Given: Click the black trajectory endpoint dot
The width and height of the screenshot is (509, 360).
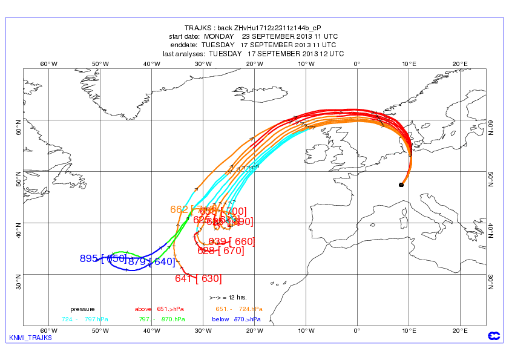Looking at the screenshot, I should (401, 185).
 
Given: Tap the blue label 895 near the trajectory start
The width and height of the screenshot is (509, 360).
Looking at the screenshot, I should (89, 259).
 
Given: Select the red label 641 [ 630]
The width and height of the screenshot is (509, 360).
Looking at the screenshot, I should (198, 279).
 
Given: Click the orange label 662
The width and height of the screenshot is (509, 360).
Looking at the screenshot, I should (179, 210).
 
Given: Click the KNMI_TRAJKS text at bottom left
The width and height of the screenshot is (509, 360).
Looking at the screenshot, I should (30, 338).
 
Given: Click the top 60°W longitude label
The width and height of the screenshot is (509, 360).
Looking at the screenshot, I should (48, 64).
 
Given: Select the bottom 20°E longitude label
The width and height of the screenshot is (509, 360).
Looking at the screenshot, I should (459, 330).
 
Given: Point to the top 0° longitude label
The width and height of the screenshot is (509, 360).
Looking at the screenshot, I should (357, 64).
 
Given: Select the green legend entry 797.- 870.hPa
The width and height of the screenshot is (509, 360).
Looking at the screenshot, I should (161, 319).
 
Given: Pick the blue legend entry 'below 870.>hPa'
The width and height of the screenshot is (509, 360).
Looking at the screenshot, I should (236, 319).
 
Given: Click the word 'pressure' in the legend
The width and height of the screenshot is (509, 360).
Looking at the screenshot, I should (82, 309).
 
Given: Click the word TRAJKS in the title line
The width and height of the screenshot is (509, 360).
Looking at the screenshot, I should (200, 28).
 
